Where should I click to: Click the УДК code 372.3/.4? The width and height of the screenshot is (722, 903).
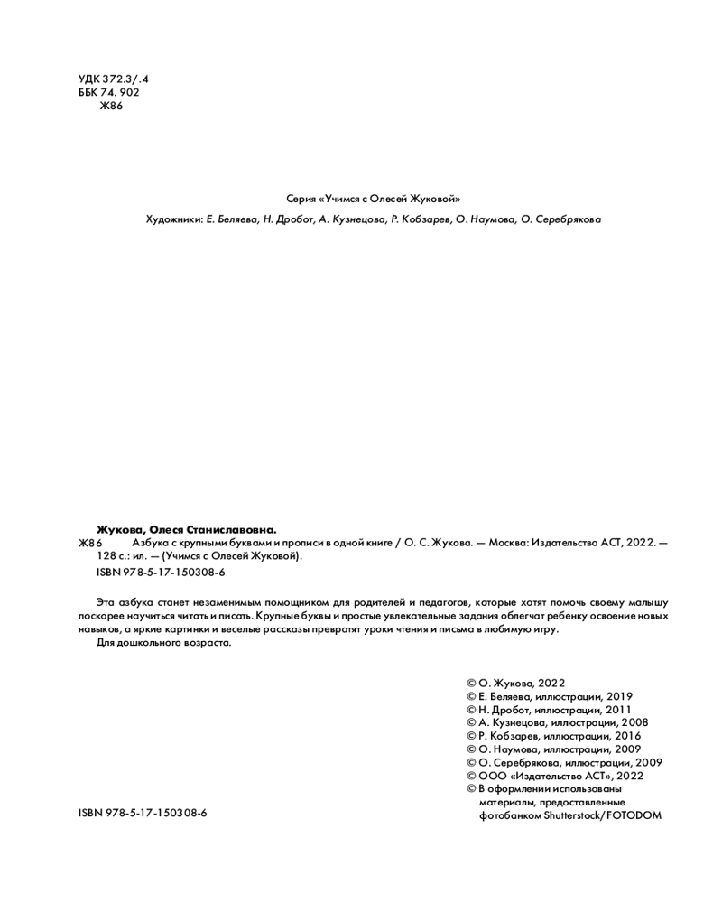tap(125, 79)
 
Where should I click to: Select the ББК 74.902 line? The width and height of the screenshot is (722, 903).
tap(109, 92)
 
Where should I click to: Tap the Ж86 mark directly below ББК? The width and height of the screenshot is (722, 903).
tap(110, 106)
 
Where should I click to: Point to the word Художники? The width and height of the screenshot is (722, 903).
tap(173, 219)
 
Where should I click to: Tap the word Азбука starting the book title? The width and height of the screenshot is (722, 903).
tap(150, 543)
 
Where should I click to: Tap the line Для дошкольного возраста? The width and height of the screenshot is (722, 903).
tap(163, 643)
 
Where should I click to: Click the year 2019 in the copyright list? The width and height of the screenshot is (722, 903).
tap(618, 697)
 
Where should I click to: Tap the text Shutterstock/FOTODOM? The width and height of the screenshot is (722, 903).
tap(601, 815)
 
